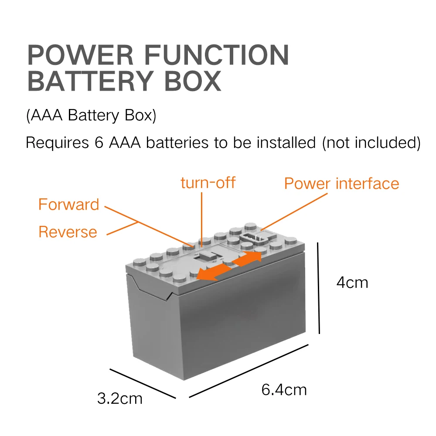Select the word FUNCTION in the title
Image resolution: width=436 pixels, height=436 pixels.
click(x=216, y=55)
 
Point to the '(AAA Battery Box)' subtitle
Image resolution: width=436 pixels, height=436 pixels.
click(x=91, y=116)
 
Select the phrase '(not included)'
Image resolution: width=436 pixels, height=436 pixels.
click(x=371, y=143)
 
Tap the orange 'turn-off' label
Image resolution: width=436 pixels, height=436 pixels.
click(x=208, y=182)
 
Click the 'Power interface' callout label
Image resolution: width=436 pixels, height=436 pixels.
click(x=341, y=184)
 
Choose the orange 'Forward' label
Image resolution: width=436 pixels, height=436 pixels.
click(x=69, y=204)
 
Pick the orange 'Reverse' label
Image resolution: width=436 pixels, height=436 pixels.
click(x=68, y=232)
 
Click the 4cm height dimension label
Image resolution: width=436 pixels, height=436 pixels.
click(x=352, y=283)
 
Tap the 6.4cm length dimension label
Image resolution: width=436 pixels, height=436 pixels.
click(x=284, y=389)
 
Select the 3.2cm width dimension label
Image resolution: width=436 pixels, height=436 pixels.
click(x=119, y=398)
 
